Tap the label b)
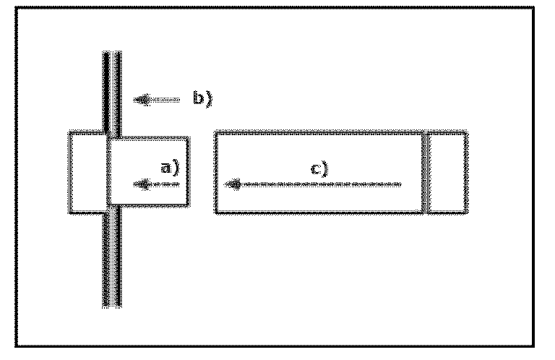click(x=201, y=98)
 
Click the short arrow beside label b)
click(x=158, y=100)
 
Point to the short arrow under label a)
click(x=157, y=185)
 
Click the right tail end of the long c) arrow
click(x=400, y=184)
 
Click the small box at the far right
click(x=447, y=172)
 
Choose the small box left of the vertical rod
click(x=88, y=172)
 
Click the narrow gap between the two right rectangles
click(x=426, y=172)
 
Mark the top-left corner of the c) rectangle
click(x=216, y=133)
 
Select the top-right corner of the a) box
click(x=189, y=137)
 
